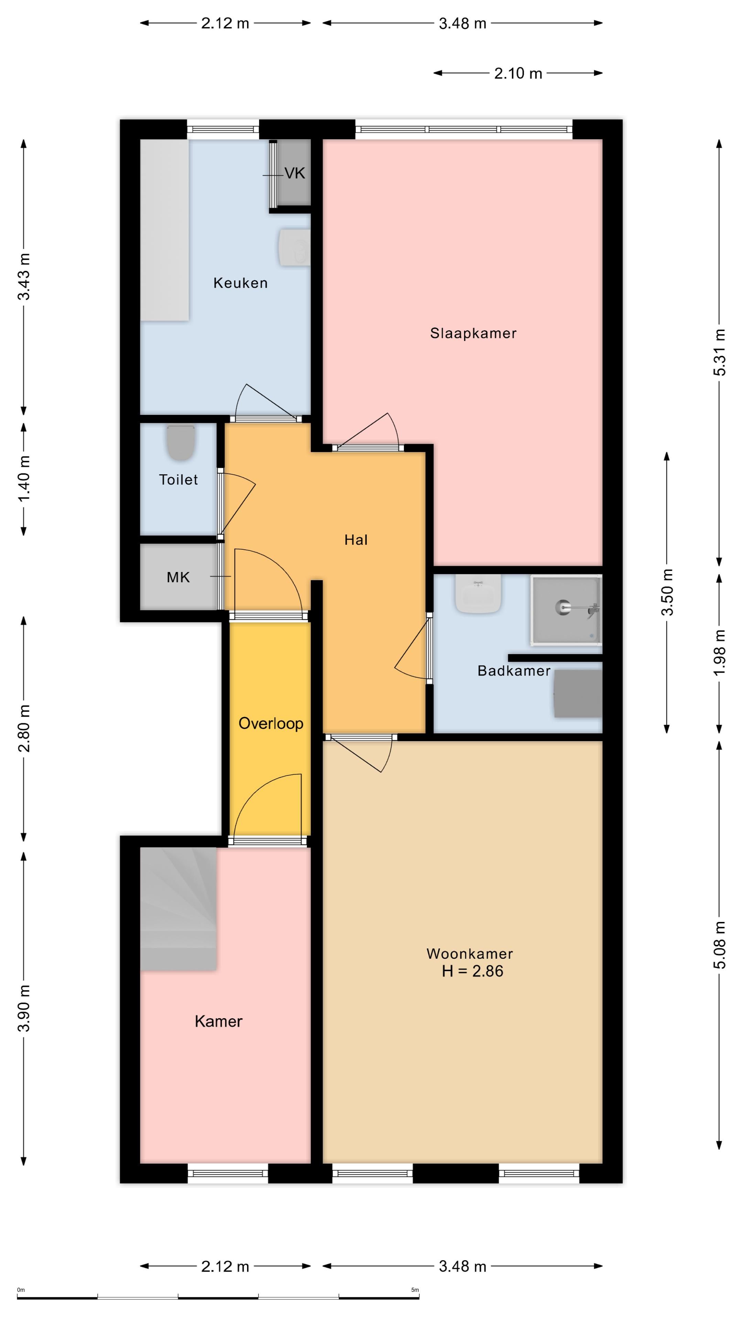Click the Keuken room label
pos(240,283)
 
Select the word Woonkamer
pos(470,954)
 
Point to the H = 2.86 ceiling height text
pos(472,971)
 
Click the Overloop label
pos(271,724)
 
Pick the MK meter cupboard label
pos(178,577)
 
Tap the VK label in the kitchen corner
pos(295,174)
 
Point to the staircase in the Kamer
pos(178,909)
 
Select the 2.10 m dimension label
pos(518,73)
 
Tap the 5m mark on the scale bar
pos(415,1290)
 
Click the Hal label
pos(356,540)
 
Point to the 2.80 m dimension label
pos(24,728)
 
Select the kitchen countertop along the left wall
pos(165,230)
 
